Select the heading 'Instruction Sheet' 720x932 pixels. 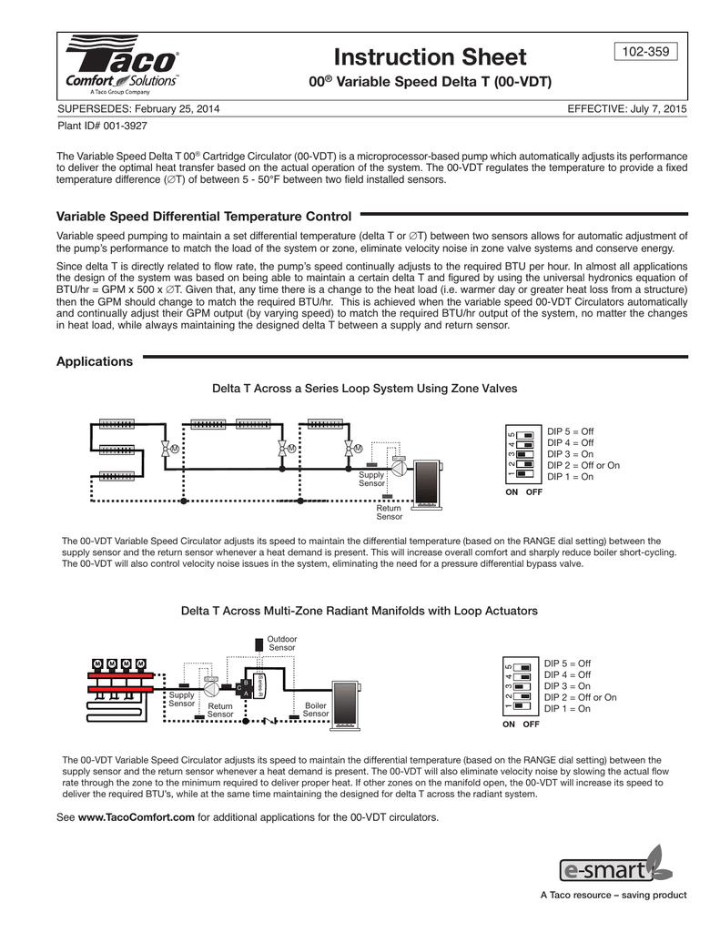pyautogui.click(x=430, y=57)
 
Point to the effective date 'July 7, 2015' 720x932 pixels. pyautogui.click(x=655, y=109)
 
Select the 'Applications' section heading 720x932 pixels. pyautogui.click(x=95, y=361)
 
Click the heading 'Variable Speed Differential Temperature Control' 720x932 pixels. pyautogui.click(x=204, y=217)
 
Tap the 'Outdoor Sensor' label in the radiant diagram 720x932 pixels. pyautogui.click(x=282, y=643)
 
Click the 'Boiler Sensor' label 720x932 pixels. pyautogui.click(x=316, y=710)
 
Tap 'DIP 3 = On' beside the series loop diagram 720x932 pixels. pyautogui.click(x=570, y=453)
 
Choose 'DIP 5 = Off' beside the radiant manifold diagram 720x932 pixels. pyautogui.click(x=568, y=664)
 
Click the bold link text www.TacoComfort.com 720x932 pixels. pyautogui.click(x=137, y=817)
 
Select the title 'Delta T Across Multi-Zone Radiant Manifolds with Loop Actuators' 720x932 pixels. pyautogui.click(x=360, y=610)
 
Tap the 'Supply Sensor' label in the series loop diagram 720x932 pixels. pyautogui.click(x=371, y=480)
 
